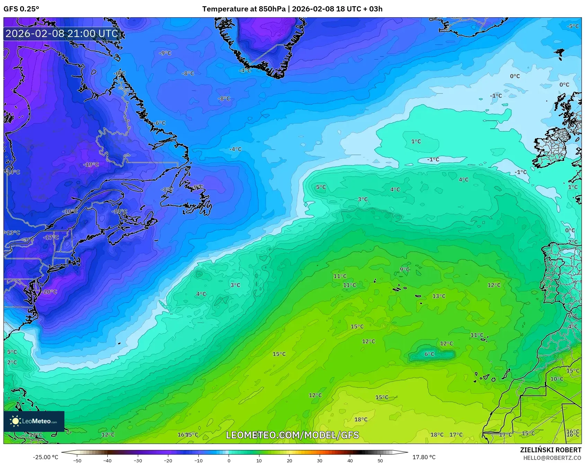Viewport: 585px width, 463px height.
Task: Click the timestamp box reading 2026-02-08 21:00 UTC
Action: click(62, 34)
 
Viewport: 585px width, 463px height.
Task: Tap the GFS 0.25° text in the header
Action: click(21, 9)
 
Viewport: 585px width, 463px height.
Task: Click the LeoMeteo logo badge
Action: click(34, 421)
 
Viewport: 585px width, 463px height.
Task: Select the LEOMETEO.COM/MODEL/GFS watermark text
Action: click(292, 435)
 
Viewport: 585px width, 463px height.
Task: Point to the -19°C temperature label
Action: click(91, 165)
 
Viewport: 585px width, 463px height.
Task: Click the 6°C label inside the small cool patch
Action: click(429, 354)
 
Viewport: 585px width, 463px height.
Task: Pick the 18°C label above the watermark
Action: click(361, 419)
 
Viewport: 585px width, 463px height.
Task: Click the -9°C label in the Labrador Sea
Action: click(165, 53)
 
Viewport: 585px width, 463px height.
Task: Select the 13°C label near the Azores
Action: click(439, 296)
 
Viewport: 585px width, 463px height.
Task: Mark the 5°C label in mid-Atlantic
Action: click(321, 187)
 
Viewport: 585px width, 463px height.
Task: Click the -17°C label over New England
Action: click(51, 237)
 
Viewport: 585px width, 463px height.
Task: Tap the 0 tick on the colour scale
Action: click(229, 460)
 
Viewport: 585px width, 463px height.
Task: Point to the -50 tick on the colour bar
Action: click(77, 460)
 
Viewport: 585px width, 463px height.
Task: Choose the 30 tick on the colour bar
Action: click(319, 460)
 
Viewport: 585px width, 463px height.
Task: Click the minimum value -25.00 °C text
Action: click(46, 457)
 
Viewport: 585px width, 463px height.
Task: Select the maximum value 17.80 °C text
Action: click(424, 457)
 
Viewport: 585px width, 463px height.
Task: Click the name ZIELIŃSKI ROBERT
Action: click(551, 450)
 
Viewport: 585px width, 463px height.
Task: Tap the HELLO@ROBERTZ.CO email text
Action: click(552, 458)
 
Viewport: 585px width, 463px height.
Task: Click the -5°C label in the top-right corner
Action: click(573, 26)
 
